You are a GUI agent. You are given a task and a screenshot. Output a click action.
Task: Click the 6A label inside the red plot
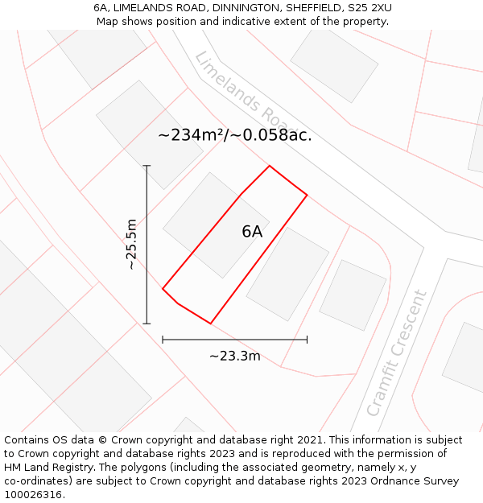(252, 232)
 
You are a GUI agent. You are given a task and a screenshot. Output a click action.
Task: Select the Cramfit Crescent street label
(396, 353)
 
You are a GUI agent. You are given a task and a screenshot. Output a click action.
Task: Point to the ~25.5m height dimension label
(132, 245)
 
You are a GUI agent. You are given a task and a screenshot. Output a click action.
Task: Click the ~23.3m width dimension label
(235, 356)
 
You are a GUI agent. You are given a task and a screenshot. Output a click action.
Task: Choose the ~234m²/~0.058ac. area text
(235, 135)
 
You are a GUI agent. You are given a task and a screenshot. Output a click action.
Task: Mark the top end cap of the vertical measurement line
(147, 166)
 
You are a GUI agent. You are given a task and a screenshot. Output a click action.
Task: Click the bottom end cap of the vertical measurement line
(147, 324)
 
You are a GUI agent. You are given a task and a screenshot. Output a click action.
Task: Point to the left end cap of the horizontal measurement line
(163, 340)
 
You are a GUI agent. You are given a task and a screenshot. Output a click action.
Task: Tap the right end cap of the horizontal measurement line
(307, 340)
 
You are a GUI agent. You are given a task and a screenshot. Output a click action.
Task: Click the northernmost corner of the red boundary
(269, 166)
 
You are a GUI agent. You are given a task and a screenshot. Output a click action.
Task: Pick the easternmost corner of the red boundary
(307, 195)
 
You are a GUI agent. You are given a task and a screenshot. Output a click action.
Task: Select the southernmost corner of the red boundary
(210, 324)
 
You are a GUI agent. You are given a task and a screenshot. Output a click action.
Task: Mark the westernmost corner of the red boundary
(163, 288)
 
